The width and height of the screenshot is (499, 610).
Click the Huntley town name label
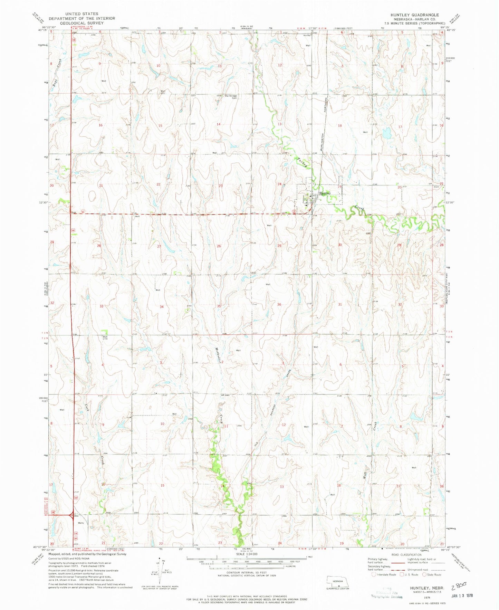tap(325, 193)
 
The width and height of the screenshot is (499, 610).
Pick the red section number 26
tap(219, 246)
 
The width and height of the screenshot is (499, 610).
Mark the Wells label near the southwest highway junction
tap(80, 523)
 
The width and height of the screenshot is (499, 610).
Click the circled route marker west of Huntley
tap(294, 212)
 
